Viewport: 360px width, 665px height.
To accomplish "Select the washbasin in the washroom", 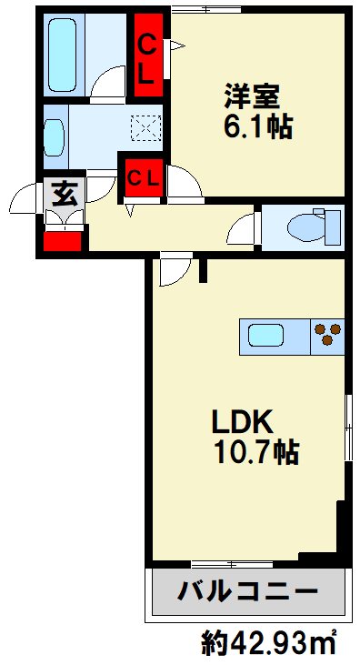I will pos(54,136).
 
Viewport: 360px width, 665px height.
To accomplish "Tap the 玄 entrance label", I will pos(62,193).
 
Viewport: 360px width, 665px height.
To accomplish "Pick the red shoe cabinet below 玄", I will pos(63,241).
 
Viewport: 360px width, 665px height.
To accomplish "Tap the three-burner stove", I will pos(327,336).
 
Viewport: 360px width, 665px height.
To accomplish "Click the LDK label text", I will pos(243,420).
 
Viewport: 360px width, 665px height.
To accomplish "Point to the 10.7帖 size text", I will pos(255,451).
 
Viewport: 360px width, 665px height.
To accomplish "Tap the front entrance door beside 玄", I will pos(25,198).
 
